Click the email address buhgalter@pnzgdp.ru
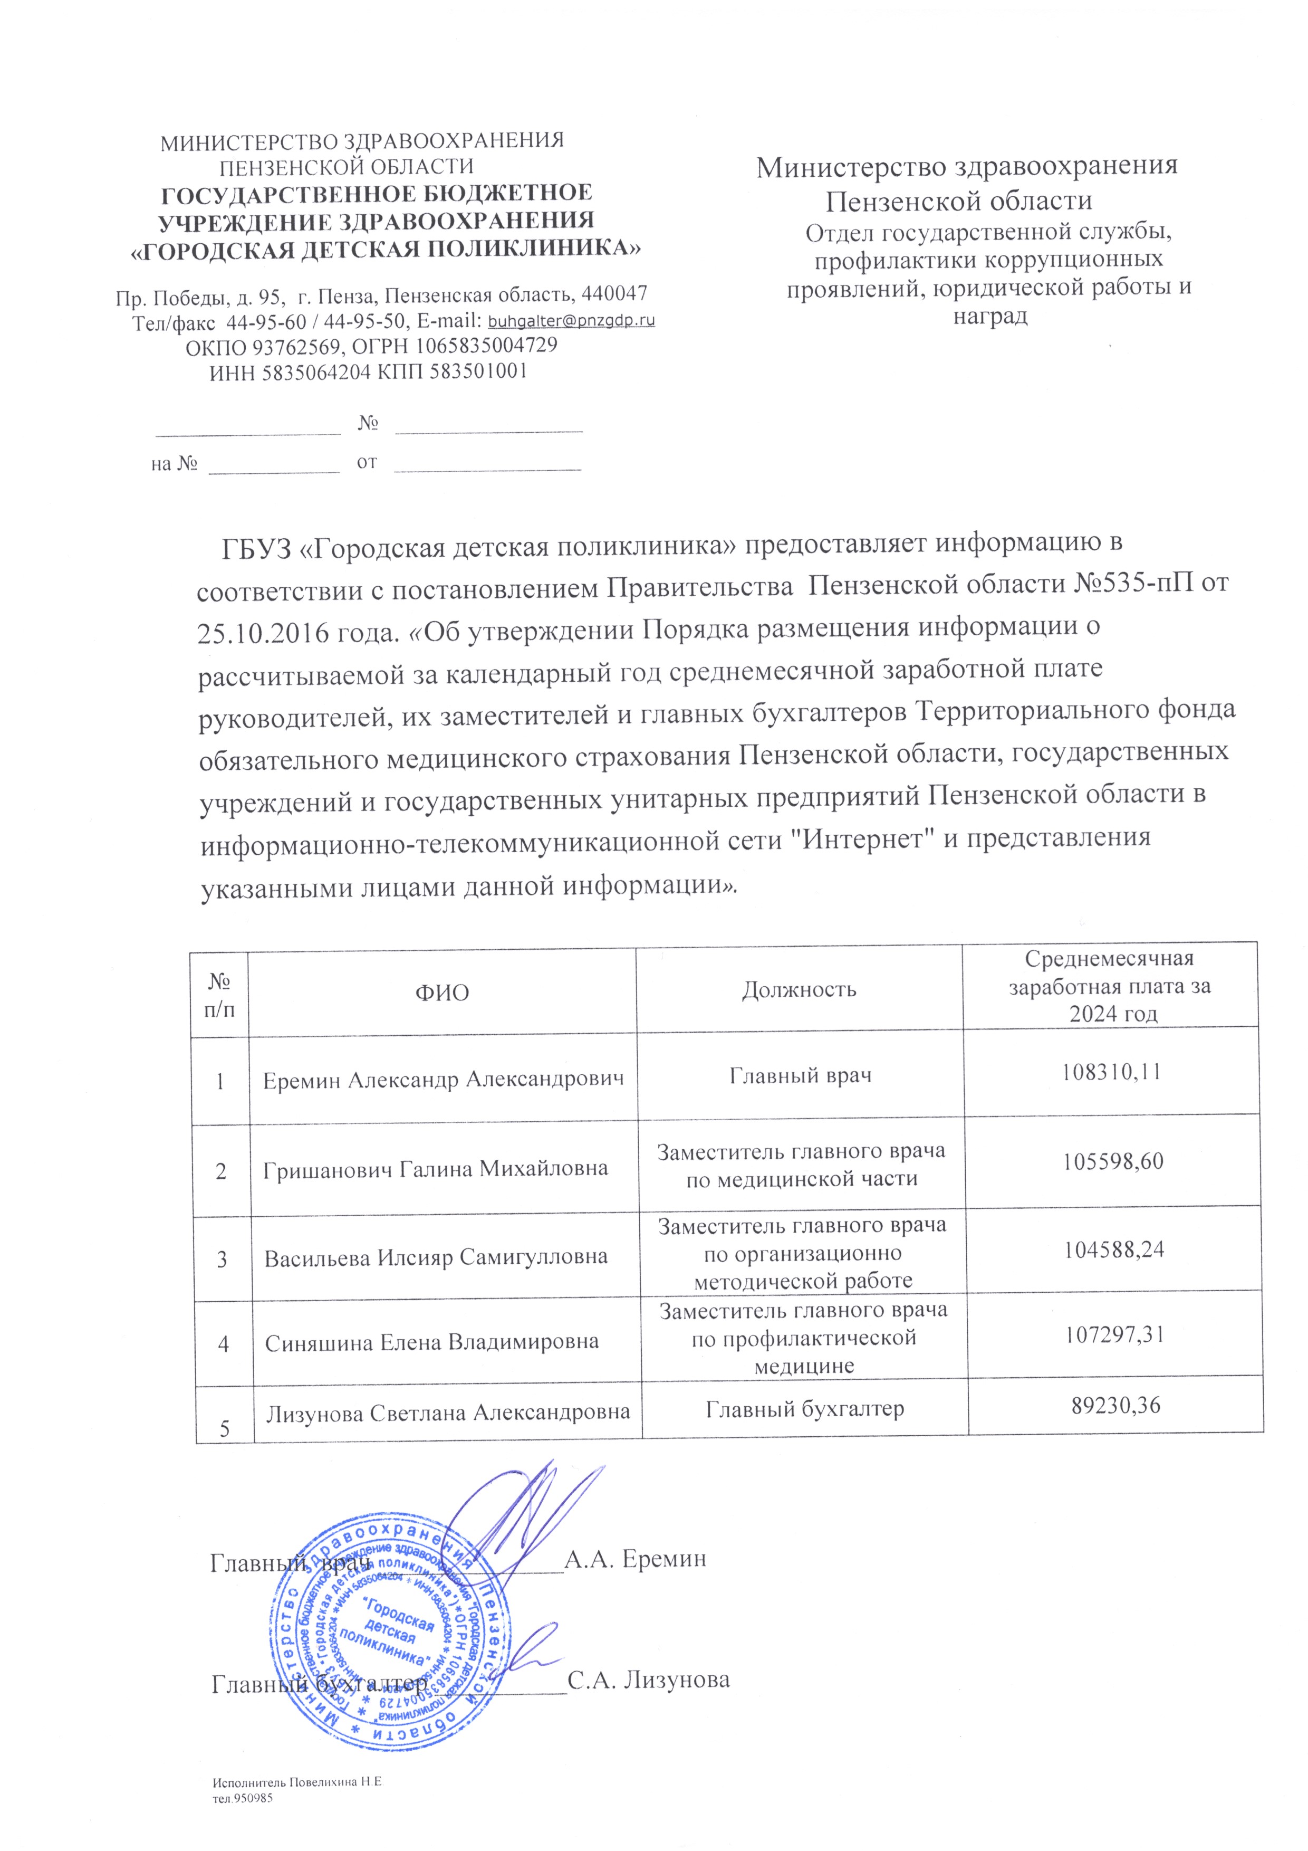[x=572, y=321]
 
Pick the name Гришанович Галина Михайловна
[x=435, y=1168]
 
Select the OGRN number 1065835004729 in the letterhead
[x=486, y=346]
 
